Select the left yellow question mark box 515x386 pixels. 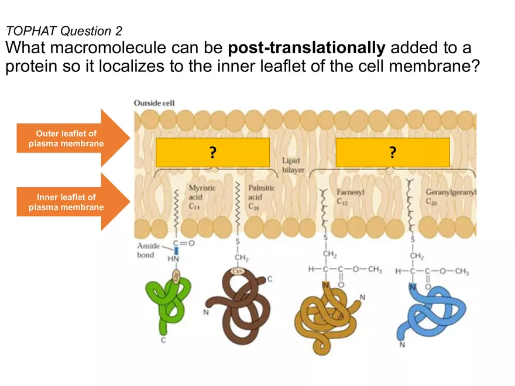(x=213, y=153)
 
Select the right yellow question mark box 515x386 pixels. (x=392, y=153)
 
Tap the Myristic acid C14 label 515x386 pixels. (x=202, y=196)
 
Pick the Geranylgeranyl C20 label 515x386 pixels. (x=455, y=196)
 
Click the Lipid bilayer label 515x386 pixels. (x=293, y=164)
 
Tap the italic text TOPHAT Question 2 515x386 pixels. (x=63, y=30)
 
